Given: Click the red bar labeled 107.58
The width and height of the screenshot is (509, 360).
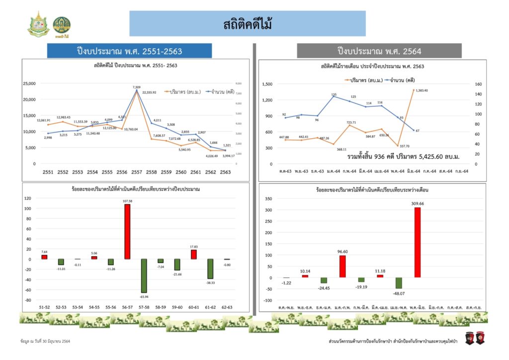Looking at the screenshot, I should point(127,231).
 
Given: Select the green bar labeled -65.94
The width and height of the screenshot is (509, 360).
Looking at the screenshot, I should point(144,275).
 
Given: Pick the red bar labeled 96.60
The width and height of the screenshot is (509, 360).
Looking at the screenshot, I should point(342,266).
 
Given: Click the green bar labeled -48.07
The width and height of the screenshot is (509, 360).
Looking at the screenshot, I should point(399,283).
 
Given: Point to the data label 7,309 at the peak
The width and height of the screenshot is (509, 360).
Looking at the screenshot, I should point(136,88).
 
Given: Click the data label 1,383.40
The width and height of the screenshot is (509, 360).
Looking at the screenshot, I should point(422,90).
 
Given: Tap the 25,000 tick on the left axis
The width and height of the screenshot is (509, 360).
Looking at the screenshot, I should point(29,84).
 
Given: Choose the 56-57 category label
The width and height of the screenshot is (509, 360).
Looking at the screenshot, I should point(128,307).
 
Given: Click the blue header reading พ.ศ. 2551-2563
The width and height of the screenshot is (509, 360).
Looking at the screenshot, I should point(129,51).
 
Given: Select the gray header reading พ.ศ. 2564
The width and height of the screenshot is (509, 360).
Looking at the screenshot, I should point(379,51).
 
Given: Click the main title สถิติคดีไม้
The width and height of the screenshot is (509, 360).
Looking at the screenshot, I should point(248,23).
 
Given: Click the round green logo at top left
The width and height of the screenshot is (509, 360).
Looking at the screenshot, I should point(62,24).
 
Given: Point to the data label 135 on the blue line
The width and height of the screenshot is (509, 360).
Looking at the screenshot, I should point(334,94).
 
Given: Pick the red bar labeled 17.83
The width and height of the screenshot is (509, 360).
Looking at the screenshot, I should point(193,254).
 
